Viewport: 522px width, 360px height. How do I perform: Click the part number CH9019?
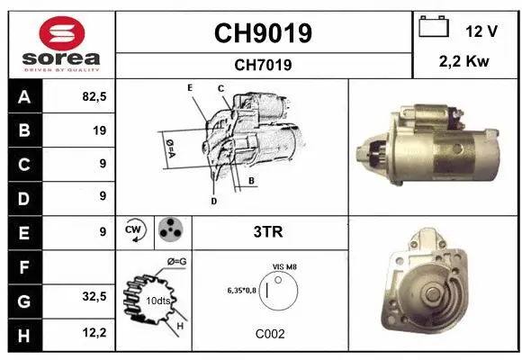coord(262,33)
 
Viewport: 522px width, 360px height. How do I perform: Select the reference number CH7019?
coord(262,65)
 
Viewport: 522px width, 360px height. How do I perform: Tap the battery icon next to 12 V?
coord(434,29)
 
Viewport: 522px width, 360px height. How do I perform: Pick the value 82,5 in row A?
coord(94,97)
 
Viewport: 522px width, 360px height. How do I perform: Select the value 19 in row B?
coord(99,130)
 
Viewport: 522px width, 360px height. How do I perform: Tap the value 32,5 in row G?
coord(94,297)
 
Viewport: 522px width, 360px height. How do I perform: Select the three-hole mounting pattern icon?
coord(169,231)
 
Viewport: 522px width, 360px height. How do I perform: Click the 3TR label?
coord(269,232)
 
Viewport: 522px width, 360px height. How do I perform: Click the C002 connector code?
coord(269,333)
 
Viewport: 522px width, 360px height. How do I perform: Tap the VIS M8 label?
coord(284,267)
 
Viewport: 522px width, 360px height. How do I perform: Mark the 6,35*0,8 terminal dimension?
coord(241,290)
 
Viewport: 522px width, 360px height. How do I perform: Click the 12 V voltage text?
coord(481,31)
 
